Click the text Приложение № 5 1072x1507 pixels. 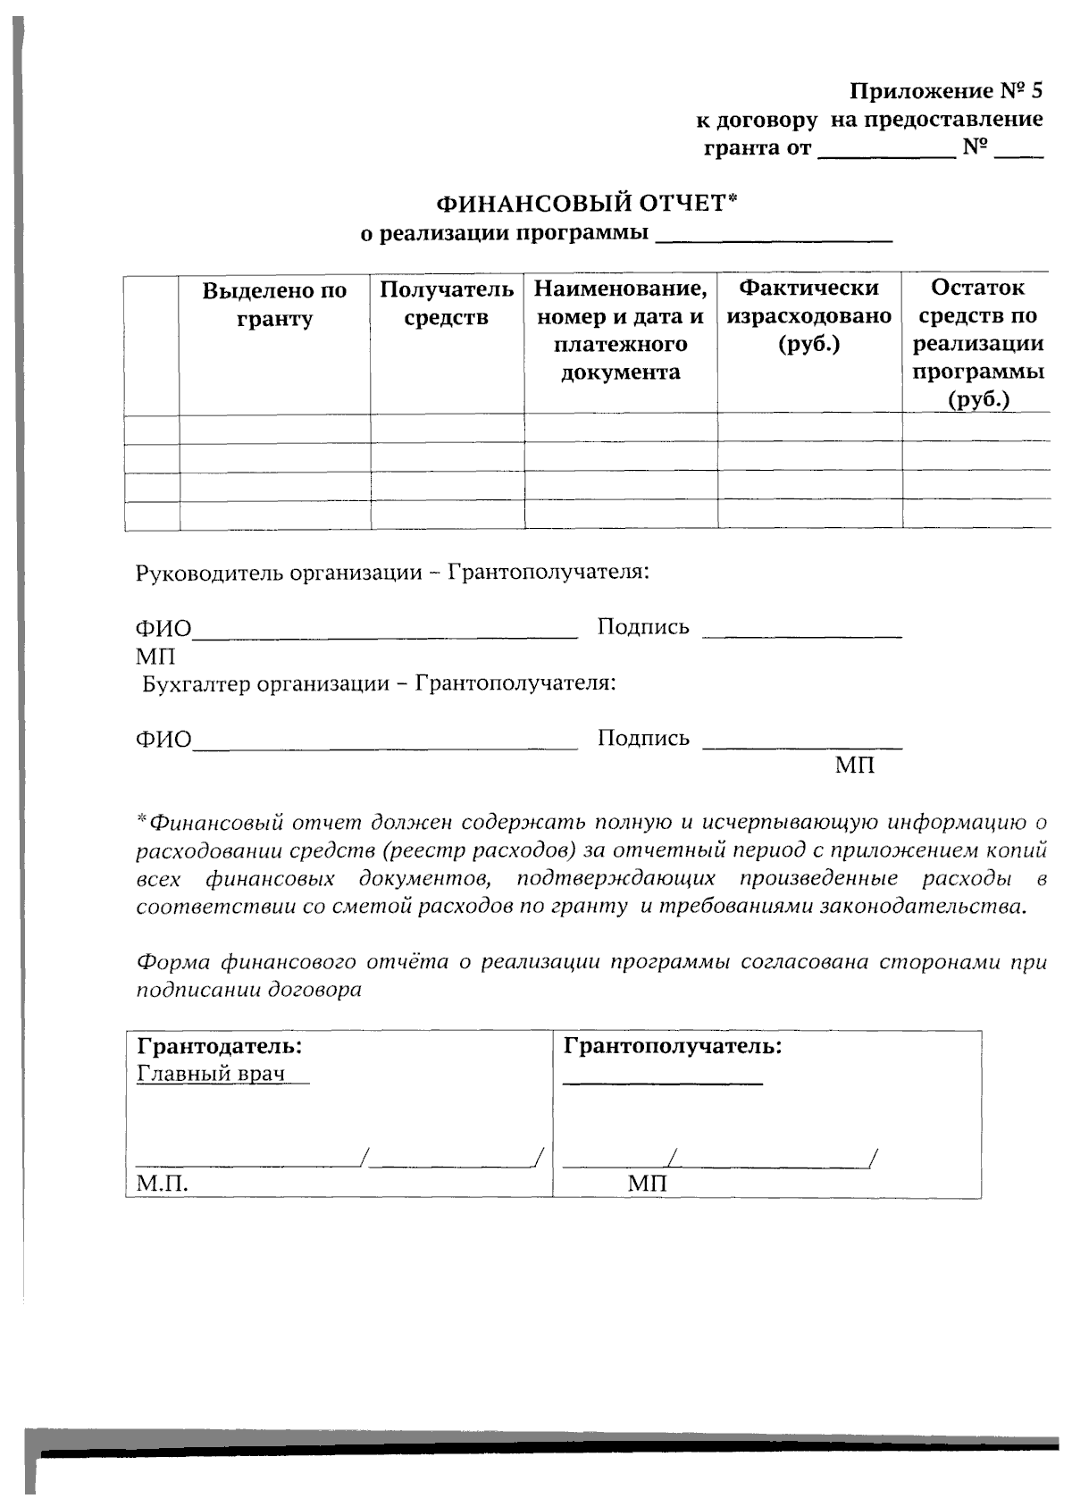pyautogui.click(x=945, y=91)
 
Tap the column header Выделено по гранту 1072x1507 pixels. pyautogui.click(x=274, y=305)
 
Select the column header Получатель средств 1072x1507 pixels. pyautogui.click(x=446, y=303)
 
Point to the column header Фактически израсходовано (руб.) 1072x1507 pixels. pyautogui.click(x=809, y=315)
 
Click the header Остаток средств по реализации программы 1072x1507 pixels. pyautogui.click(x=977, y=343)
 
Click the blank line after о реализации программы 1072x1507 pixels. pyautogui.click(x=774, y=237)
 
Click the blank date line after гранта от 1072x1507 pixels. pyautogui.click(x=886, y=152)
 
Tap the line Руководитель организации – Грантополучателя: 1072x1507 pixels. pyautogui.click(x=391, y=572)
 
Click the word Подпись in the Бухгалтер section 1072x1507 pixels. pyautogui.click(x=643, y=738)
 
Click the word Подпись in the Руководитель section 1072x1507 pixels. pyautogui.click(x=643, y=627)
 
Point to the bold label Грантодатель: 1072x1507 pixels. pyautogui.click(x=219, y=1045)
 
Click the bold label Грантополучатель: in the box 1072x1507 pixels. pyautogui.click(x=673, y=1045)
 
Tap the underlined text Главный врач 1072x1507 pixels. pyautogui.click(x=211, y=1073)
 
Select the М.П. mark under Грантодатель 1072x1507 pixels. pyautogui.click(x=162, y=1185)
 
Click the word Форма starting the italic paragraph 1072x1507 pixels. pyautogui.click(x=172, y=963)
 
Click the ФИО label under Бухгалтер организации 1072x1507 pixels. pyautogui.click(x=163, y=740)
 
